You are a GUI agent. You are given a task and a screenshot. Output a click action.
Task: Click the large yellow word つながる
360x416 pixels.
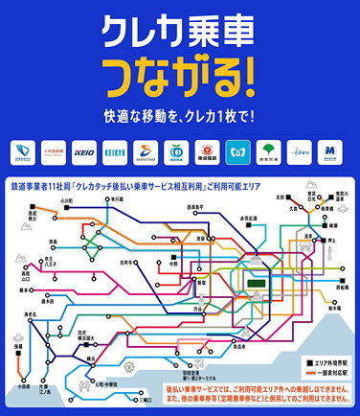(178, 70)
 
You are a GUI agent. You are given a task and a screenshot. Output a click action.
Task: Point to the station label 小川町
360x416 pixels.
(66, 202)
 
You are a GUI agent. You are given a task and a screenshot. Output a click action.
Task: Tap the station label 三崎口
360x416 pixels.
(144, 401)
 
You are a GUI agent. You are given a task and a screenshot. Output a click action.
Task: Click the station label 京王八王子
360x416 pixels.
(37, 260)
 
